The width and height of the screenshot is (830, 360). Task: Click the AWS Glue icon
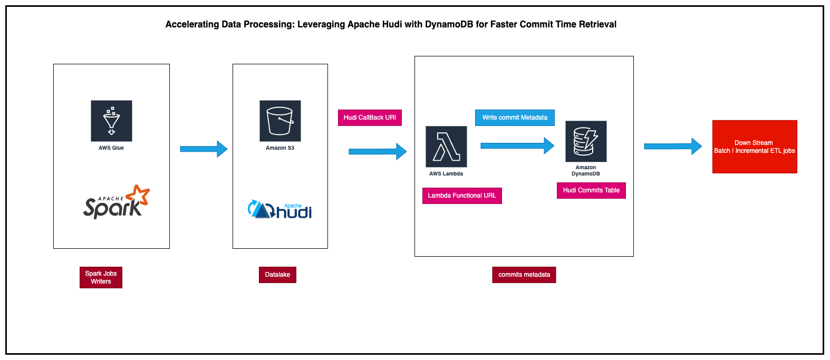coord(111,121)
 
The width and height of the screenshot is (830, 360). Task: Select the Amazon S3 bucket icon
coord(280,121)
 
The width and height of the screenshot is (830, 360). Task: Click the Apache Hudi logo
coord(280,210)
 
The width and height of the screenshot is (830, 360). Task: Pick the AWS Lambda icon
coord(446,147)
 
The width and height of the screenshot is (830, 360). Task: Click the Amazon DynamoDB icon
coord(586,141)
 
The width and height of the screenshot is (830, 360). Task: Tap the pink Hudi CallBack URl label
coord(370,118)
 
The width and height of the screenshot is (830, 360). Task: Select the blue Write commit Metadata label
coord(515,118)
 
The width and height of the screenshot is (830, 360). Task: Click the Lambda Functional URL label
coord(462,196)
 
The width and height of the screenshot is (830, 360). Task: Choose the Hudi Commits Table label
coord(591,190)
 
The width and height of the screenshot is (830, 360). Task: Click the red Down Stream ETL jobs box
coord(755,147)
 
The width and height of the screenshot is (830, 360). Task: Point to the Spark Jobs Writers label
coord(101,277)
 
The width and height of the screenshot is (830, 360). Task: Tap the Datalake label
coord(277,275)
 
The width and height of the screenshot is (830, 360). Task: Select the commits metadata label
coord(524,275)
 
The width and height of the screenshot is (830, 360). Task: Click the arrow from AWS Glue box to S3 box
coord(204,149)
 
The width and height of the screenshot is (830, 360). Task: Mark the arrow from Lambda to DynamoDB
coord(517,145)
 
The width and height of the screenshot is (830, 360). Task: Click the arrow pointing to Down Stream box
coord(673,146)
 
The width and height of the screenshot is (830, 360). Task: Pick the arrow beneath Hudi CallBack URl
coord(378,152)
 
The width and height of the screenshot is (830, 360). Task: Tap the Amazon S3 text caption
coord(280,148)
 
